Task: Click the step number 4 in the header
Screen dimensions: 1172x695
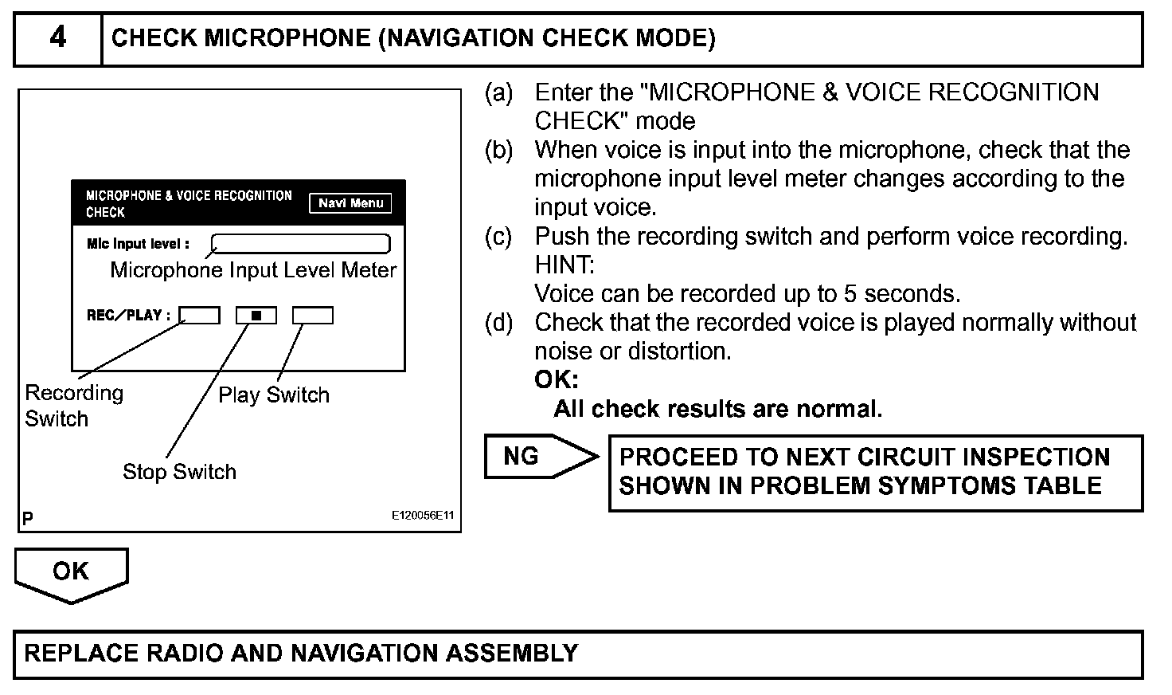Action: (58, 37)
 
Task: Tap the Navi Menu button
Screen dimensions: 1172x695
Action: (350, 203)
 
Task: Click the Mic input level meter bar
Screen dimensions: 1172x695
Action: (301, 243)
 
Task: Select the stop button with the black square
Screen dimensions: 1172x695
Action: (256, 316)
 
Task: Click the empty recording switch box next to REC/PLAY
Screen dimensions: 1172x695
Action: (199, 316)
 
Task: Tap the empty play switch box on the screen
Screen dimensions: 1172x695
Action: (313, 316)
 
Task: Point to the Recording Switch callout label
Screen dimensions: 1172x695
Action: (74, 406)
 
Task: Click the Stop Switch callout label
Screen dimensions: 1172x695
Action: (179, 472)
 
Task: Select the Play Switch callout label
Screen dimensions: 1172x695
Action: (273, 395)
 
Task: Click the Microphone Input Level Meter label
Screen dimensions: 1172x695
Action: (253, 270)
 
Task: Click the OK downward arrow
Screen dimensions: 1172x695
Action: (71, 573)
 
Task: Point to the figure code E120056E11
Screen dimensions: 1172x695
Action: (422, 516)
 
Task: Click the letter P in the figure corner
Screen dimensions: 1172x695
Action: (28, 518)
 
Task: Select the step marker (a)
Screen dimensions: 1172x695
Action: (499, 93)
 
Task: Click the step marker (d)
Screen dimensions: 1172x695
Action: (499, 323)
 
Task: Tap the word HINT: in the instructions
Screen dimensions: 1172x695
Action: (565, 265)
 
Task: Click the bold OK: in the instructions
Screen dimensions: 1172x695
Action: (556, 380)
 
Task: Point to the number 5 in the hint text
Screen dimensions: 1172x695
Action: (850, 294)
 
